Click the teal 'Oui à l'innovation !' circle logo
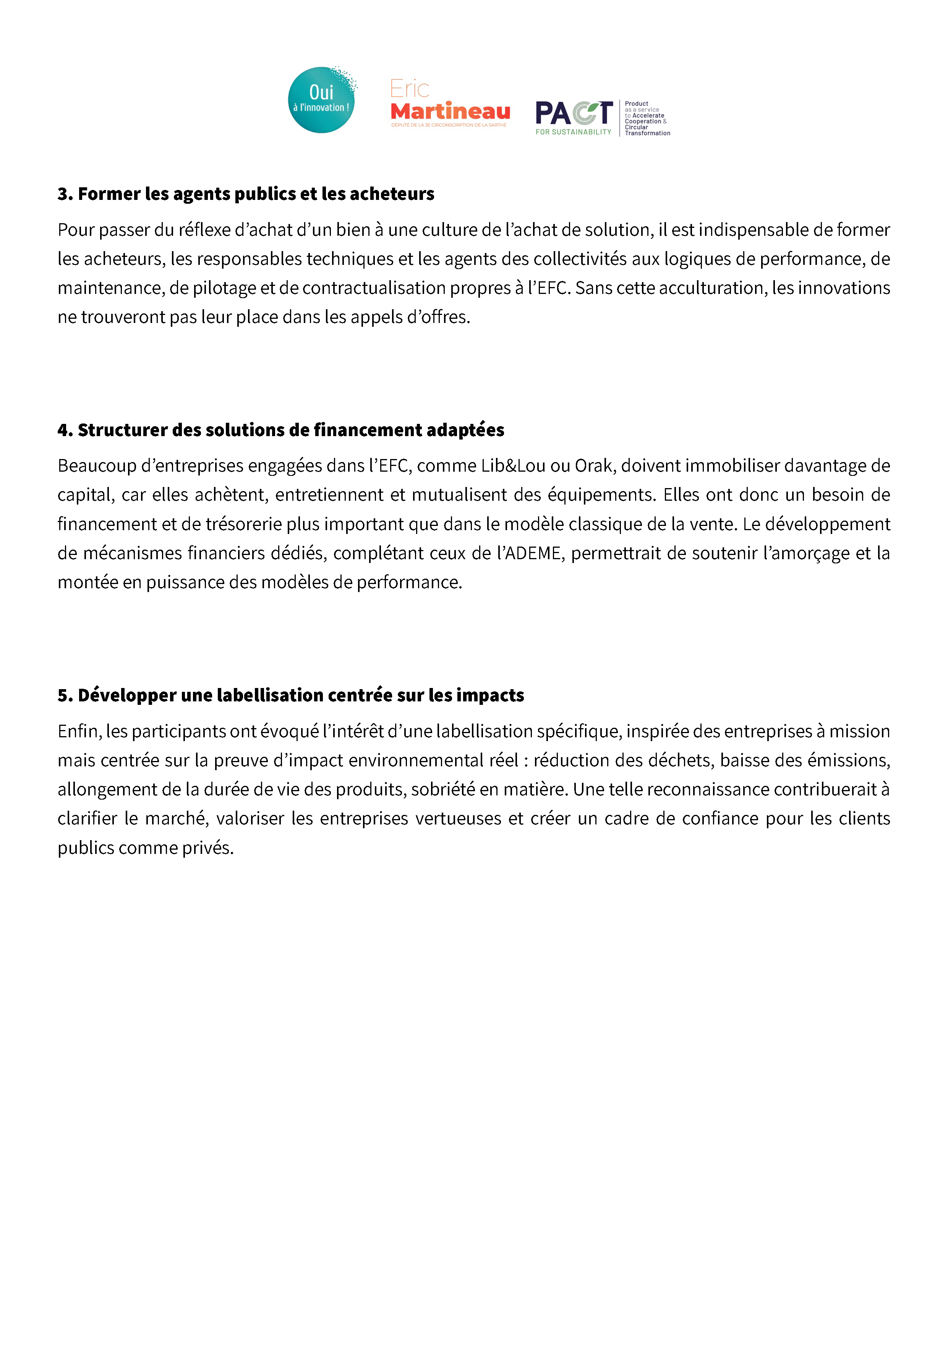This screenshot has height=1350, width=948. (321, 100)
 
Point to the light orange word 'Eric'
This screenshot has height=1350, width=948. (410, 89)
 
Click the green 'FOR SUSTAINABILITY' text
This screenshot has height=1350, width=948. (573, 132)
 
